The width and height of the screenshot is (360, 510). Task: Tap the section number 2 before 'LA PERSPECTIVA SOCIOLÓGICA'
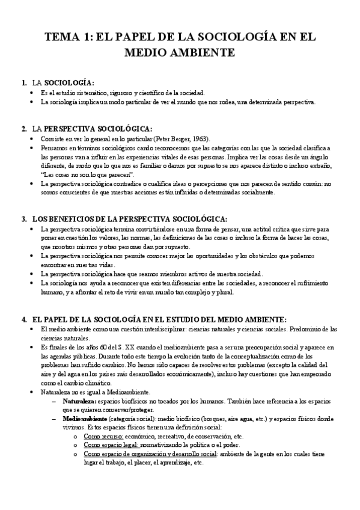tap(23, 129)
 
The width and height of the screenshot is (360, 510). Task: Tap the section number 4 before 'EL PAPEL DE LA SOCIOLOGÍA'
tap(23, 319)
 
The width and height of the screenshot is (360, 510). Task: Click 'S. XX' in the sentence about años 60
tap(125, 348)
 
